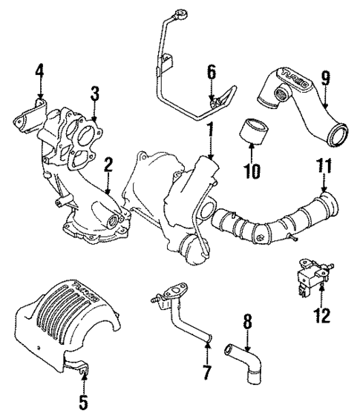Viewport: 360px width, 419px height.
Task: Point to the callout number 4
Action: [39, 72]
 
